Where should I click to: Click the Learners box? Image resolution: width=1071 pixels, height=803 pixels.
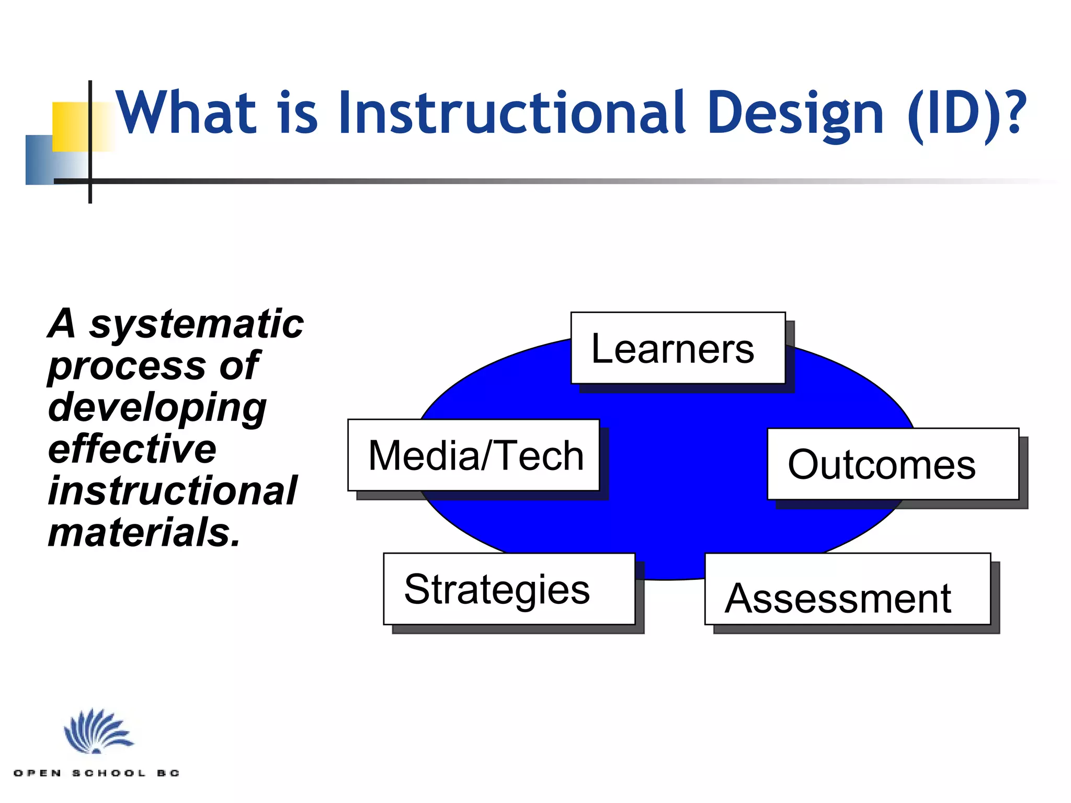tap(678, 348)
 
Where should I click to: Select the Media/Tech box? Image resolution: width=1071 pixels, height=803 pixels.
tap(473, 455)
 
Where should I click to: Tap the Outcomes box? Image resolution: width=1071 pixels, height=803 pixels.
tap(893, 464)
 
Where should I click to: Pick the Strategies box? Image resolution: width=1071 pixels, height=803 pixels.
tap(509, 589)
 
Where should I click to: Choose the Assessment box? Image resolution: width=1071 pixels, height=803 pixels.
tap(847, 589)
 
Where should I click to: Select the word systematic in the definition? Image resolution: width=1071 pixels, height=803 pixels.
tap(196, 325)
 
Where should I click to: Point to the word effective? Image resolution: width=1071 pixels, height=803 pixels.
tap(132, 450)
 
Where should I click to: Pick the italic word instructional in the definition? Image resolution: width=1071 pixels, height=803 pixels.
tap(173, 491)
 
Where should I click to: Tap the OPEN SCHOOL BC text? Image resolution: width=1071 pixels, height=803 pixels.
tap(97, 773)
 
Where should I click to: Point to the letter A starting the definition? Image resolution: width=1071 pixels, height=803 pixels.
tap(63, 324)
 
